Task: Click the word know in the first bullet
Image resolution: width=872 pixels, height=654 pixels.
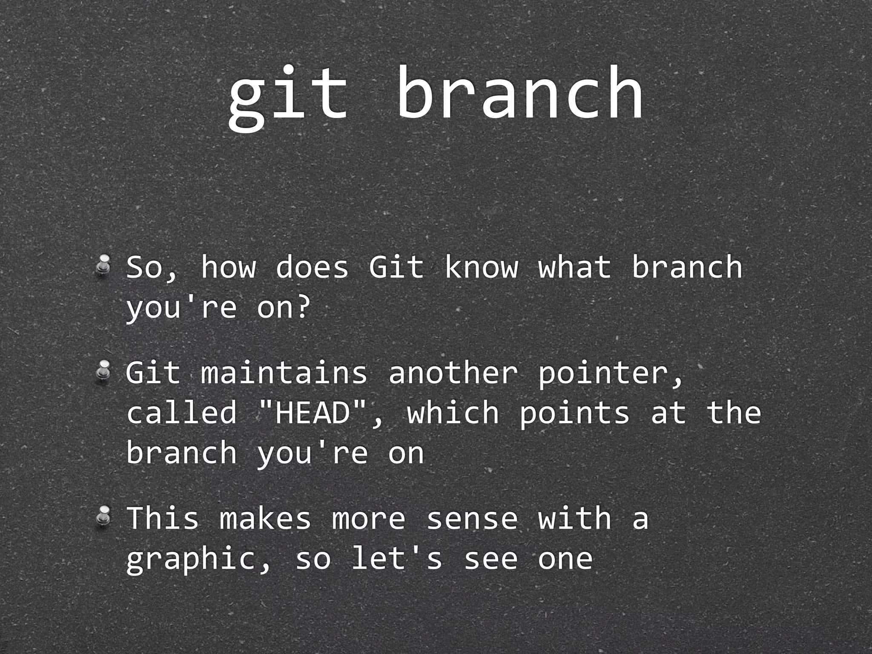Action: point(481,267)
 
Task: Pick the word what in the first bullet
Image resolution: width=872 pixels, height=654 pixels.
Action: point(575,267)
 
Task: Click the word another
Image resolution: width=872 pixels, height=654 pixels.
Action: point(453,373)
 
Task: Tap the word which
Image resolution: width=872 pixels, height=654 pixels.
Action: point(453,413)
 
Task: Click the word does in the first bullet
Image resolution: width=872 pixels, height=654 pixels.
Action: point(312,267)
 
